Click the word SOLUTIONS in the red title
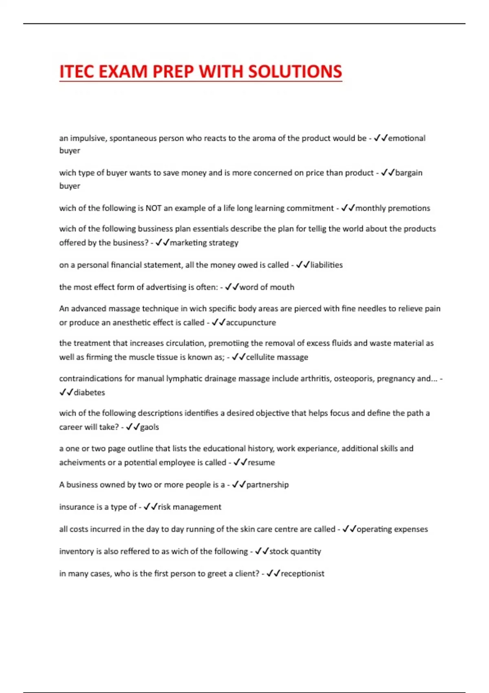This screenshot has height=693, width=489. [x=295, y=72]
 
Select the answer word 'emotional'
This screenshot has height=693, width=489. [x=407, y=138]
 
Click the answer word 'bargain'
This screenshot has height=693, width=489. [x=409, y=173]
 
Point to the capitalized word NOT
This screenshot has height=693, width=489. [x=154, y=208]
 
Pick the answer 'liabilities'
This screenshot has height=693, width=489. [x=326, y=265]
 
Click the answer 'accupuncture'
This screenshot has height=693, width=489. [x=251, y=322]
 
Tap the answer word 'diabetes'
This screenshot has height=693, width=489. [x=89, y=393]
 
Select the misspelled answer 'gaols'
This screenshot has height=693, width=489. [x=150, y=427]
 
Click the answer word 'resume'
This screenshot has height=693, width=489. [x=261, y=463]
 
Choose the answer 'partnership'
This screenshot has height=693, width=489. [x=267, y=485]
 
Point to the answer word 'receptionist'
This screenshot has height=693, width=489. [x=302, y=574]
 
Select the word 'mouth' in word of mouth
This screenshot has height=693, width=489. [x=282, y=287]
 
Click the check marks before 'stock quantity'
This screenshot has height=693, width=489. [x=262, y=552]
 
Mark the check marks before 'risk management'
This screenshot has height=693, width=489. [x=150, y=507]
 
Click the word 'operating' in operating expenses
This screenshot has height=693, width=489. [x=374, y=529]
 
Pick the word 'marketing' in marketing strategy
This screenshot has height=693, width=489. [x=188, y=243]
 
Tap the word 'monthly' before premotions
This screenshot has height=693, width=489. [x=370, y=208]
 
